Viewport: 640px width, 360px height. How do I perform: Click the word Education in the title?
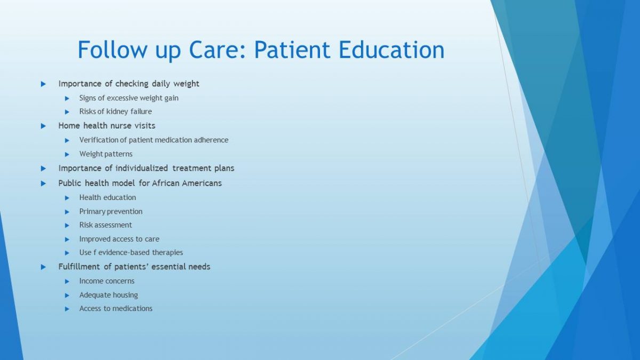tap(391, 50)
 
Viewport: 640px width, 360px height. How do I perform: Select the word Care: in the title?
tap(217, 50)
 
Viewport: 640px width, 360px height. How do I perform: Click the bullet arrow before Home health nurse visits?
tap(43, 126)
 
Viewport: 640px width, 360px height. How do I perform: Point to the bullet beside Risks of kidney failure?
tap(67, 112)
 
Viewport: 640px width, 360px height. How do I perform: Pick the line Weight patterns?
tap(106, 154)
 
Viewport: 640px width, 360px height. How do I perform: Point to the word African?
tap(165, 183)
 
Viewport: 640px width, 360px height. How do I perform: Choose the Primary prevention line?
tap(111, 211)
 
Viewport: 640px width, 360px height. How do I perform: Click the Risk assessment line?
tap(106, 225)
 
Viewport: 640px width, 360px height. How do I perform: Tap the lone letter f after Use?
tap(94, 252)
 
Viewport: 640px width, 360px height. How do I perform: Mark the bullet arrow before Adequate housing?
tap(67, 295)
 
